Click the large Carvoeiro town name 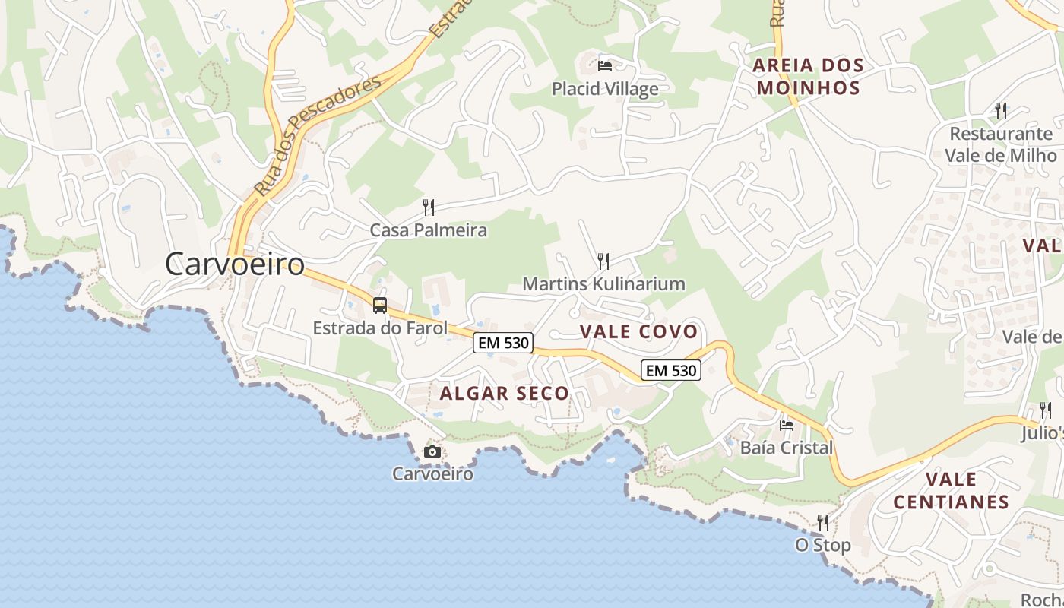click(235, 264)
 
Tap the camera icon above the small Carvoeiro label click(432, 452)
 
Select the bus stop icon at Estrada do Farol click(380, 306)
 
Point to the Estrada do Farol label click(380, 328)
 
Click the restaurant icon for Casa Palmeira click(429, 207)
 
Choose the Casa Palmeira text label click(429, 230)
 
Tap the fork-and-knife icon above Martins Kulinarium click(603, 261)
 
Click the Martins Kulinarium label click(603, 284)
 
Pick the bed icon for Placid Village click(605, 66)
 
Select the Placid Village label click(605, 89)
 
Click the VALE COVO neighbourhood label click(638, 331)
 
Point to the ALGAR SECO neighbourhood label click(505, 393)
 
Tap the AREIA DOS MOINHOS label click(809, 76)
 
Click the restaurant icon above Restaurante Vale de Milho click(1001, 111)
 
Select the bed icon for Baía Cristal click(787, 425)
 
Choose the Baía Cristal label click(787, 448)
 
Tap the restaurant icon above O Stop click(823, 523)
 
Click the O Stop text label click(823, 546)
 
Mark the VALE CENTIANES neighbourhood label click(952, 490)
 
